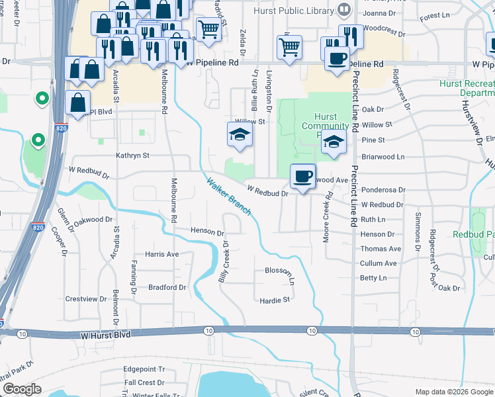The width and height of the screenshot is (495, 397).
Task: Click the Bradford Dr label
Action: click(x=167, y=288)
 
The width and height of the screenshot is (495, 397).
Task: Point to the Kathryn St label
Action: click(x=133, y=155)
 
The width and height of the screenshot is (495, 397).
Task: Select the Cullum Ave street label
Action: click(x=379, y=263)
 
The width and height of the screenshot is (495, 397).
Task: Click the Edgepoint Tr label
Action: click(x=144, y=369)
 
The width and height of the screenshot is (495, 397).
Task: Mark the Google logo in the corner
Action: click(x=22, y=389)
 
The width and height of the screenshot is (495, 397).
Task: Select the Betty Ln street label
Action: click(x=373, y=278)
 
